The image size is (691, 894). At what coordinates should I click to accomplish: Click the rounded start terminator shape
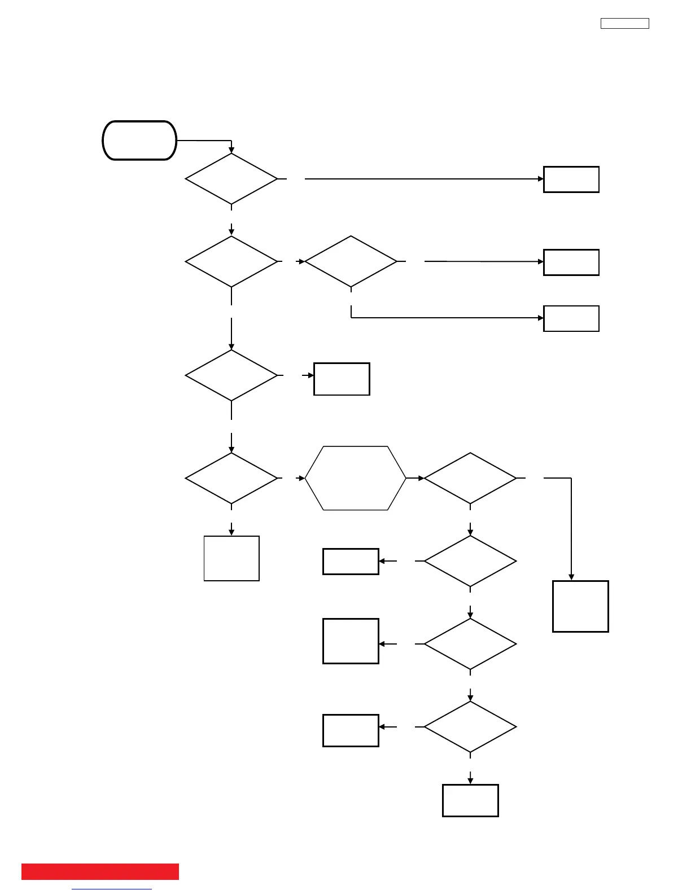(x=139, y=141)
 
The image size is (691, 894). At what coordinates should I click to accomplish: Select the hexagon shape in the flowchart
(x=356, y=478)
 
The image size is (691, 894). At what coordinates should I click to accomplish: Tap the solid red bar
(x=100, y=871)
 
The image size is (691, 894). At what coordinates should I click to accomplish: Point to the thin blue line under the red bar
(x=112, y=889)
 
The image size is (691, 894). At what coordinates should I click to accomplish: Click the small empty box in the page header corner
(x=624, y=23)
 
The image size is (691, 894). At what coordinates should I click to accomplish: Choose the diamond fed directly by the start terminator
(x=231, y=179)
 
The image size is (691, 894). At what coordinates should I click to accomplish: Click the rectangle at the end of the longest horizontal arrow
(x=571, y=179)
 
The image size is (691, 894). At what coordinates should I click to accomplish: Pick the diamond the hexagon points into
(x=470, y=478)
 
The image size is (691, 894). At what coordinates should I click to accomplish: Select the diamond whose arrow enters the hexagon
(x=231, y=478)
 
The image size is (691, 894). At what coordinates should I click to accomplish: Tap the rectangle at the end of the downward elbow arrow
(x=580, y=606)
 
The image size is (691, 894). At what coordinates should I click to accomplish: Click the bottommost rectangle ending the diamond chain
(x=470, y=800)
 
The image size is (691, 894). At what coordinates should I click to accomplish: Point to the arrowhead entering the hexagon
(x=302, y=478)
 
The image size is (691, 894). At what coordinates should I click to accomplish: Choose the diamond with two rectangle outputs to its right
(x=351, y=261)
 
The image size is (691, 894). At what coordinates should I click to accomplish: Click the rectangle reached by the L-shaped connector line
(x=571, y=318)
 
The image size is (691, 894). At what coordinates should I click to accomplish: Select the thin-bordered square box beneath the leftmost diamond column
(x=231, y=558)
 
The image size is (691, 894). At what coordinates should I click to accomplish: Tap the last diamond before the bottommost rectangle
(x=470, y=727)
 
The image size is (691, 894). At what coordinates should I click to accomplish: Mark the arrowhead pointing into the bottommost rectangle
(x=470, y=781)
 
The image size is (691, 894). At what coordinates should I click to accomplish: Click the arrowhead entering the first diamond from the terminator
(x=231, y=150)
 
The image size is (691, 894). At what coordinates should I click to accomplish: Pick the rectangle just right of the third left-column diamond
(x=342, y=379)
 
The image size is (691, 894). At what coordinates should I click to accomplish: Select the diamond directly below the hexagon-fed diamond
(x=470, y=561)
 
